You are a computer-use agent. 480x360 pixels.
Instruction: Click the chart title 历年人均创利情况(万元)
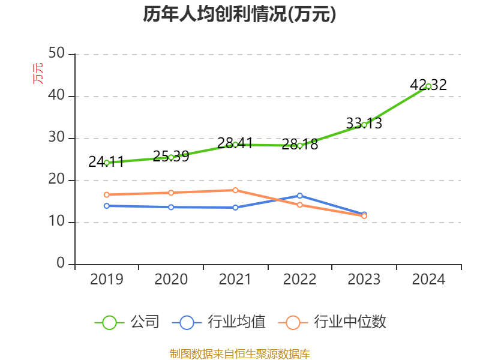click(x=239, y=14)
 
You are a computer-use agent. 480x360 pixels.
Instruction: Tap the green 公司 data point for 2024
click(x=428, y=86)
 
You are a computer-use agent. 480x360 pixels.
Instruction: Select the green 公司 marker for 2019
click(x=107, y=163)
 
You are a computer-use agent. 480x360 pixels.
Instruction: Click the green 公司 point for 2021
click(x=235, y=144)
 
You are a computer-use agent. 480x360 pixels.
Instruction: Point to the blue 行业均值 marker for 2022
click(x=300, y=196)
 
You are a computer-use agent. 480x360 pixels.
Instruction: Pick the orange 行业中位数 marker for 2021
click(x=235, y=190)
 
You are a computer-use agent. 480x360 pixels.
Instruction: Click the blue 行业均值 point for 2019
click(x=107, y=206)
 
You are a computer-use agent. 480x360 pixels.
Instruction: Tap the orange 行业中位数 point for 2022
click(x=300, y=205)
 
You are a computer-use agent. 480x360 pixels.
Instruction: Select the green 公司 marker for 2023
click(x=364, y=125)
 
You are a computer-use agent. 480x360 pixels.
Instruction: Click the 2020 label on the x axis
click(x=171, y=280)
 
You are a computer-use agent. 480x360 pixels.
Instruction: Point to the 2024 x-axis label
click(x=428, y=280)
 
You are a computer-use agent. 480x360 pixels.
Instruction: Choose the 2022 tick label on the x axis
click(x=300, y=280)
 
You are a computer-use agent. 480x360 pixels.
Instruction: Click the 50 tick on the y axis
click(x=56, y=54)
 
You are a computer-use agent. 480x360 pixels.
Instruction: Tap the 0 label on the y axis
click(x=61, y=264)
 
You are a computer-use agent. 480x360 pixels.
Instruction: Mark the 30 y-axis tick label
click(x=56, y=138)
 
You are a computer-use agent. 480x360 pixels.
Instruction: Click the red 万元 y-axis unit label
click(x=38, y=73)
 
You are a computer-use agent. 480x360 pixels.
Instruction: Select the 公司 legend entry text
click(x=145, y=322)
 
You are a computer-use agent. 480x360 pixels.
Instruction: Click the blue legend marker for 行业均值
click(x=187, y=322)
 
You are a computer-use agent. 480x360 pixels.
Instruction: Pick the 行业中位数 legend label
click(x=350, y=322)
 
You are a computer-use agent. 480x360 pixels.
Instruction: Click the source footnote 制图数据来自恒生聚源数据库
click(x=239, y=353)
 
